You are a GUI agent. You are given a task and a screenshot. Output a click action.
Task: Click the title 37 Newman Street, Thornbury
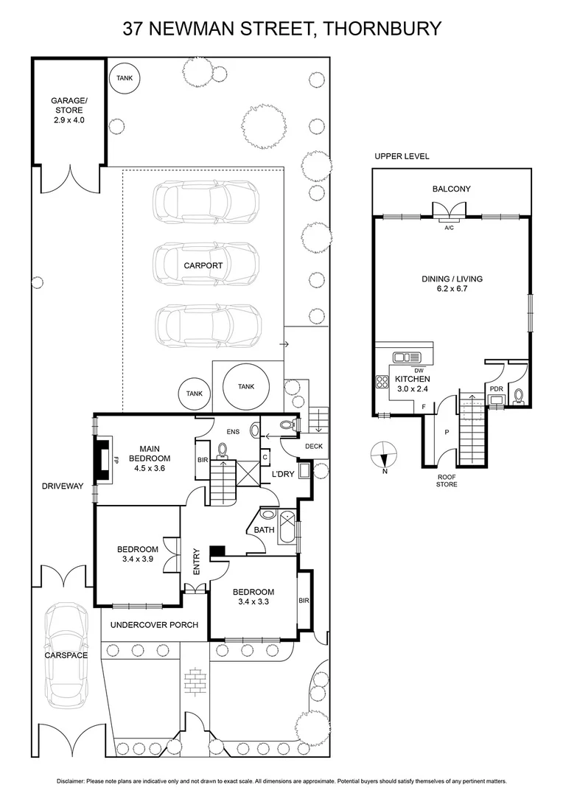281,29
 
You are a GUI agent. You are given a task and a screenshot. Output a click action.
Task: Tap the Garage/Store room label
69,110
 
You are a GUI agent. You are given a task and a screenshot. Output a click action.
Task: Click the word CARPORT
204,265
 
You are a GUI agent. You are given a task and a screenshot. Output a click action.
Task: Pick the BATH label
264,529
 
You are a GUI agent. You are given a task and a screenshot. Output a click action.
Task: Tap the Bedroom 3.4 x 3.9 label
138,554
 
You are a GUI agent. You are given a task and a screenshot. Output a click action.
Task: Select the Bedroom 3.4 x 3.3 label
253,597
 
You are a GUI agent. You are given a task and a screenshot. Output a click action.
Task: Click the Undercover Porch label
154,625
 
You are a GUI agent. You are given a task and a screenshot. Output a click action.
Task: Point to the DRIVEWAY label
63,486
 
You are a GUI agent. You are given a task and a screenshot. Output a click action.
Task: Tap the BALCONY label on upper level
451,189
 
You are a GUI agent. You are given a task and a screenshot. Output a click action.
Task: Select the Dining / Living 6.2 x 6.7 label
452,284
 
